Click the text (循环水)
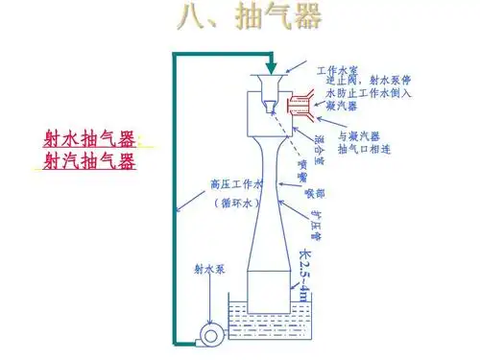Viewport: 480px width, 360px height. pos(236,204)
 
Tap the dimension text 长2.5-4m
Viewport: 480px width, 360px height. pos(305,273)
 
